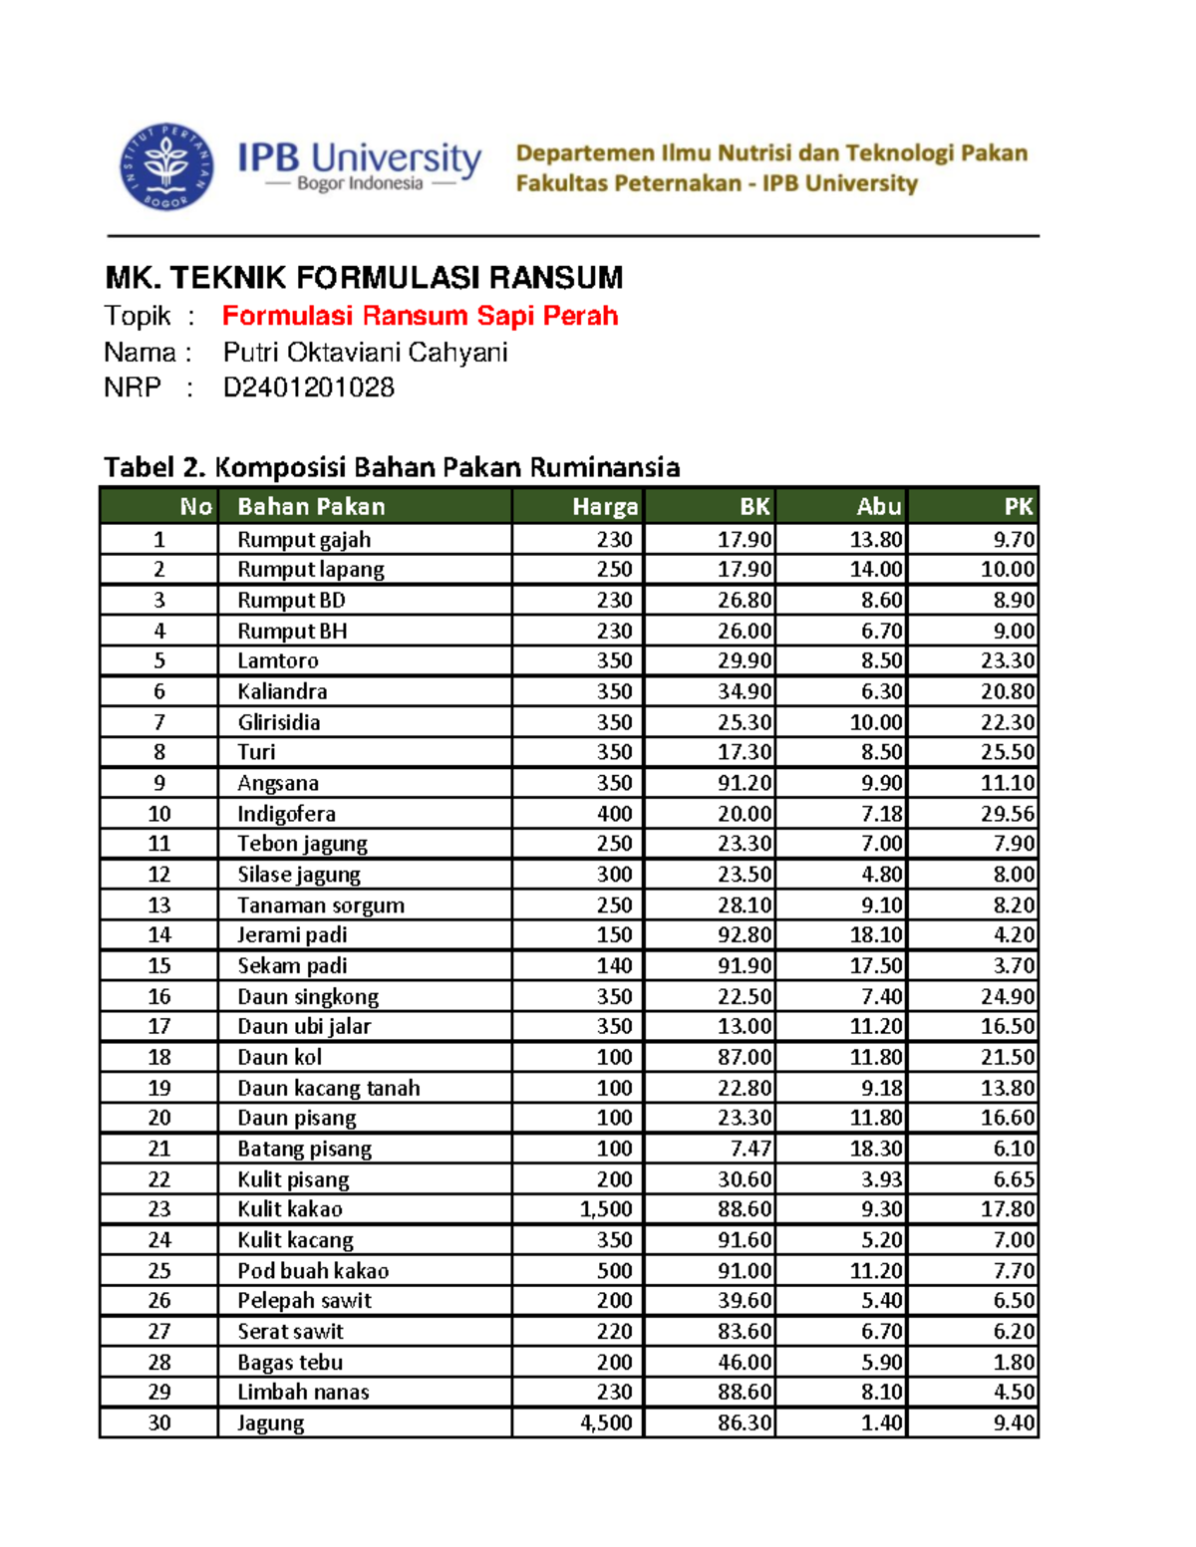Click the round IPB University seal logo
166,167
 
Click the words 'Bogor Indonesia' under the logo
360,184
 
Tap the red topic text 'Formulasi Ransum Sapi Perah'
420,316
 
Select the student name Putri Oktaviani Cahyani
365,353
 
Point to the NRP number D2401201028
308,387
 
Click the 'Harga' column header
604,507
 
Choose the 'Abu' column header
878,507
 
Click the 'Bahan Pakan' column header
311,507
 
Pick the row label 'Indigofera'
286,814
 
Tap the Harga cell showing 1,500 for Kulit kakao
606,1209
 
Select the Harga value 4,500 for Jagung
606,1423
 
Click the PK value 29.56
1007,814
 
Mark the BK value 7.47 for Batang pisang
749,1149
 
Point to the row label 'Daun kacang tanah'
328,1088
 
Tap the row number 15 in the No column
159,966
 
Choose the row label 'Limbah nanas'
303,1393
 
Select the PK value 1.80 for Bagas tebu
1014,1363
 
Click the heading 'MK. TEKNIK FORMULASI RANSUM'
364,277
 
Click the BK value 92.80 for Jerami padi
744,935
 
